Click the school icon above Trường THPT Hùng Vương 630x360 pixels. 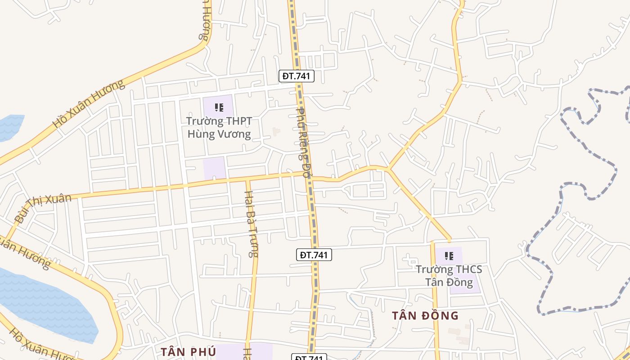219,108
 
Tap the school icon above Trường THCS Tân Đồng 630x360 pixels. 449,256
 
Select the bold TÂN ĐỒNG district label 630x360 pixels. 425,315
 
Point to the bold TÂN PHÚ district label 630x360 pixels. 188,351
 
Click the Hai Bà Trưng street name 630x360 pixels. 250,224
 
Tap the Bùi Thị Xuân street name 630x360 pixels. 43,208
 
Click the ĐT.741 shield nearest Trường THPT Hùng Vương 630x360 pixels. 296,76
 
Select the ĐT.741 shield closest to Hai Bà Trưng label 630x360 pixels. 314,255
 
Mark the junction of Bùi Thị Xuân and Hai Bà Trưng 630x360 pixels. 247,180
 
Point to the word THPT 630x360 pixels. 239,121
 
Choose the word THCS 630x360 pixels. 468,270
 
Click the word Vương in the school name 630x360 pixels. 234,134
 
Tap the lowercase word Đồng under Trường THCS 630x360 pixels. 459,282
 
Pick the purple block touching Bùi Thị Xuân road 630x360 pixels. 214,168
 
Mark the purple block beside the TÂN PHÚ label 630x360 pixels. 243,351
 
